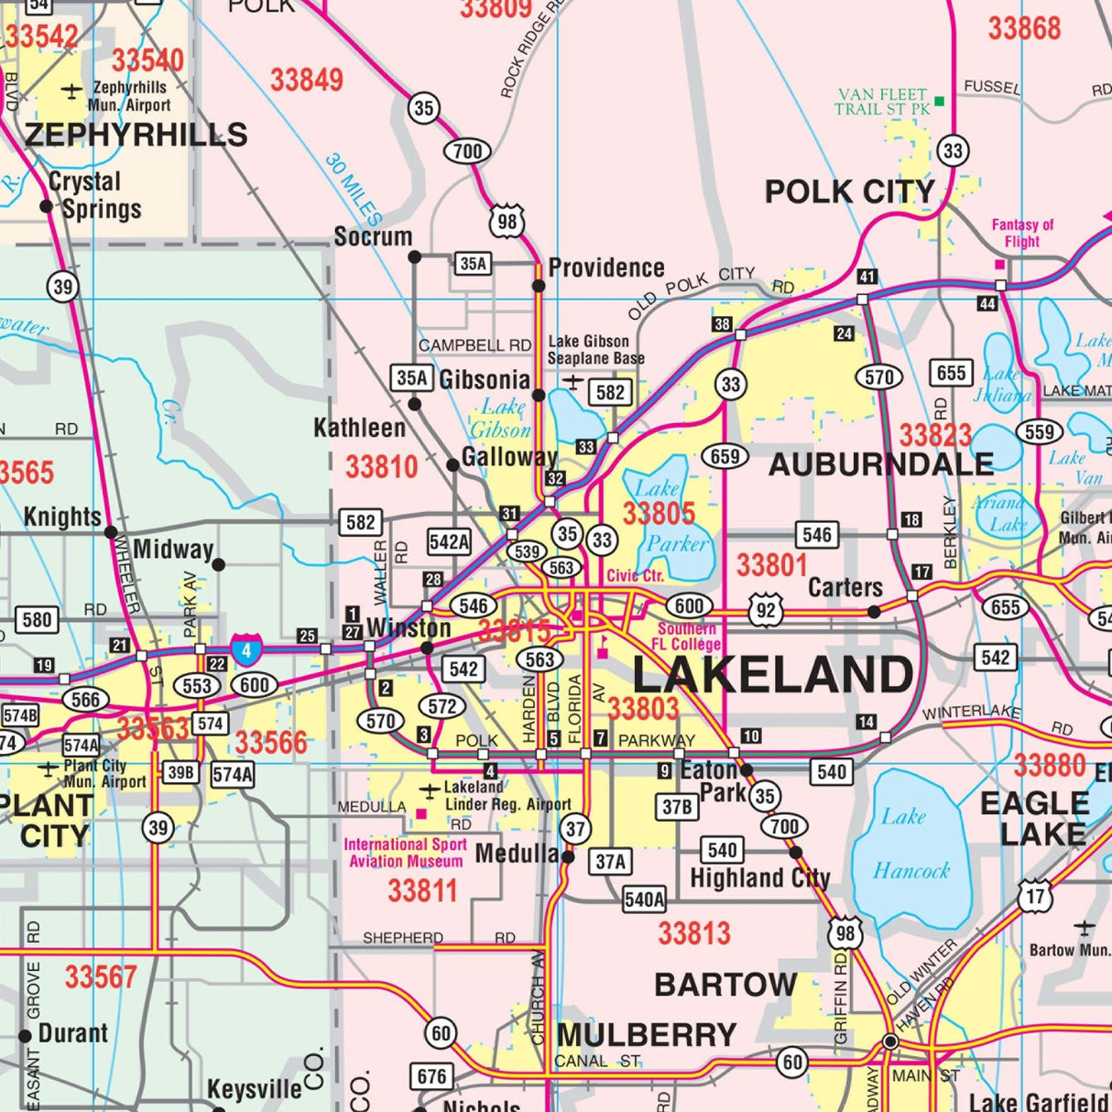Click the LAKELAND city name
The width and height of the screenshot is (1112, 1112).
(772, 676)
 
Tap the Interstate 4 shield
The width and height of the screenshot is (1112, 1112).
(245, 649)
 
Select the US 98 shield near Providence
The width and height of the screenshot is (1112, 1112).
(507, 221)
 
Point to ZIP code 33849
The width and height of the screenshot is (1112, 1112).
(306, 80)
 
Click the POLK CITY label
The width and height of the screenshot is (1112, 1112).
(849, 192)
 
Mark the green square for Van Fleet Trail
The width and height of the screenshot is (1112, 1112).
(939, 100)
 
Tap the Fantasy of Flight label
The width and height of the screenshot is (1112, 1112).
(1022, 233)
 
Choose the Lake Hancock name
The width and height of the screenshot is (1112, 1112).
(910, 844)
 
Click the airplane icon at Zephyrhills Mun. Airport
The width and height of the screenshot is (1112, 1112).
(71, 90)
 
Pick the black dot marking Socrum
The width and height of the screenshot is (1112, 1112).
(414, 257)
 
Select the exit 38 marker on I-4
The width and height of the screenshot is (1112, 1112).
(722, 324)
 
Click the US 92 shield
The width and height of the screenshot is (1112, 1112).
(766, 611)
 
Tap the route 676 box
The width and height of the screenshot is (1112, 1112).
(431, 1076)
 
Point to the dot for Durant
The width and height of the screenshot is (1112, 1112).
(25, 1036)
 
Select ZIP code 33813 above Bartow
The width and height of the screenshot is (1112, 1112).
(693, 933)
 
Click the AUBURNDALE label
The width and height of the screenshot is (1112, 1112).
(880, 464)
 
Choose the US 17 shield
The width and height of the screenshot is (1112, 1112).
(1035, 896)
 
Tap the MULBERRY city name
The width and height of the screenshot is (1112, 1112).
(646, 1035)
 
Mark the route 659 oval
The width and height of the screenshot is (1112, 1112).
(725, 455)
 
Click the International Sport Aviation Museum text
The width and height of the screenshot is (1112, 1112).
(405, 853)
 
